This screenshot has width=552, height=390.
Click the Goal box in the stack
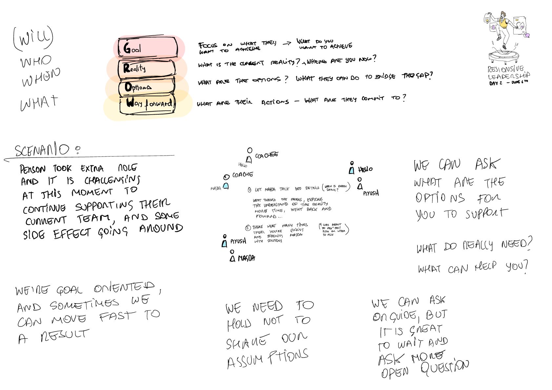[x=148, y=48]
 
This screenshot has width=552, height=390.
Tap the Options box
[x=146, y=87]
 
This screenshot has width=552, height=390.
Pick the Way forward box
[x=148, y=104]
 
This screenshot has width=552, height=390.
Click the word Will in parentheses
[x=33, y=39]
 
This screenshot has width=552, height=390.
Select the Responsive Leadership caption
[x=508, y=73]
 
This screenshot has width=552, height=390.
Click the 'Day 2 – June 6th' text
[x=508, y=83]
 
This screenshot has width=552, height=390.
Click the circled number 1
[x=250, y=190]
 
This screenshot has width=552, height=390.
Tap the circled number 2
[x=248, y=228]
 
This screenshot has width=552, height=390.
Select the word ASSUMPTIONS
[x=268, y=359]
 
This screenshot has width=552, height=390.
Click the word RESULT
[x=65, y=335]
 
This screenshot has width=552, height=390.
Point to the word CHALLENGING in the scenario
[x=112, y=180]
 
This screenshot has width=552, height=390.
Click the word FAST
[x=117, y=316]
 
